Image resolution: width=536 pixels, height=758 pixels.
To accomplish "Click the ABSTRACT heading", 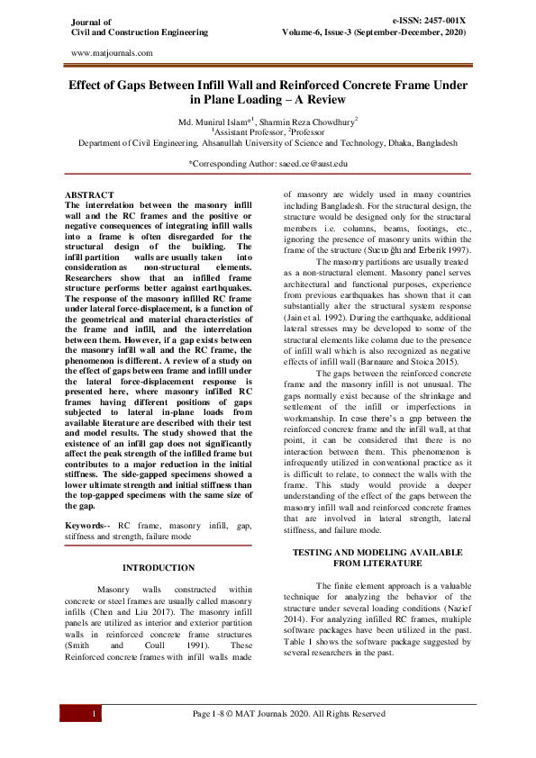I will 89,194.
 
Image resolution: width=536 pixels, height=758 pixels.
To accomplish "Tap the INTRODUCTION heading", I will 158,567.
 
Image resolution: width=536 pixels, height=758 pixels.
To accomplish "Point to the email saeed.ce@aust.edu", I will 308,164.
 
